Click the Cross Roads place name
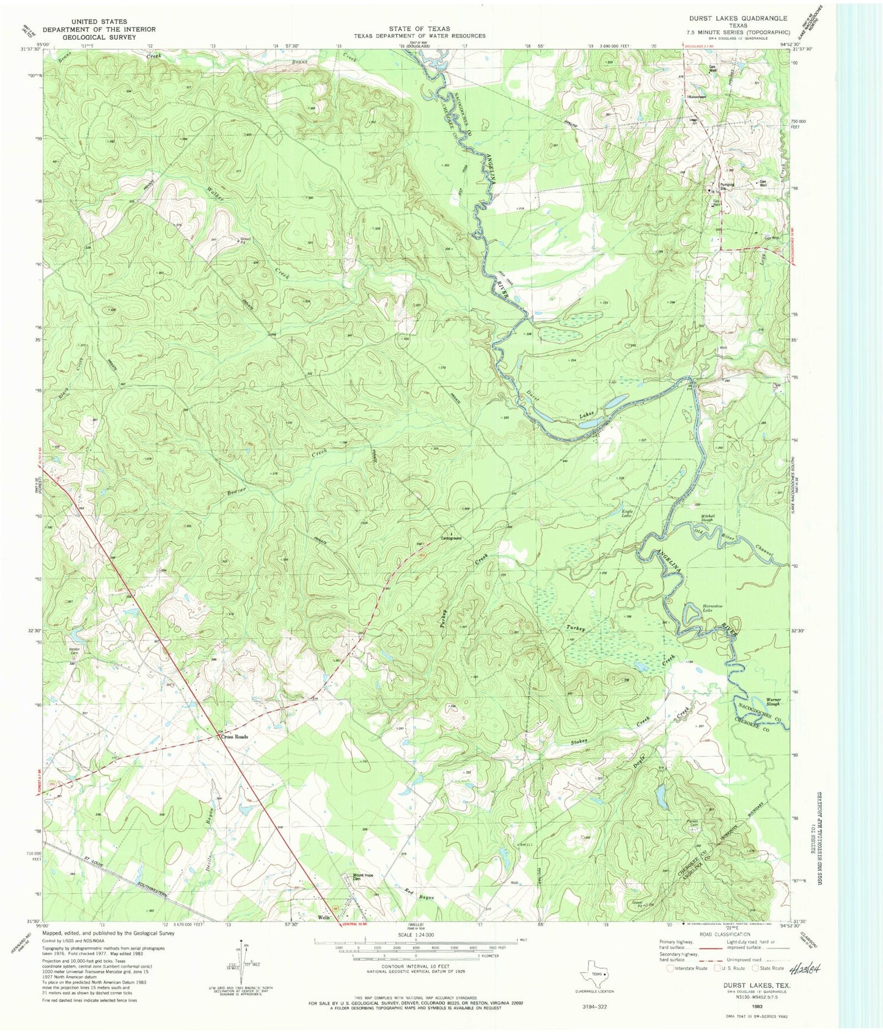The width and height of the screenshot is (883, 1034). pos(235,737)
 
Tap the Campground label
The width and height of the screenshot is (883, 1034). pos(451,538)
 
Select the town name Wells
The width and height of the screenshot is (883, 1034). pos(323,918)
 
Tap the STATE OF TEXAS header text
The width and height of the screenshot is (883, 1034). pos(420,29)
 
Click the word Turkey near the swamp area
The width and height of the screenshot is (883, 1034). pos(575,628)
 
